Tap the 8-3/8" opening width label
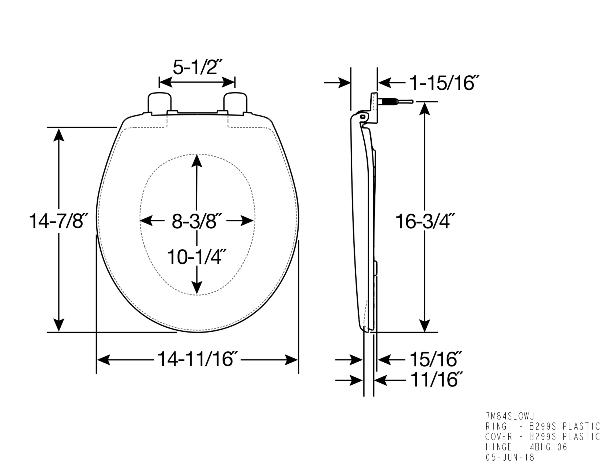(197, 221)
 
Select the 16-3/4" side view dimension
(425, 221)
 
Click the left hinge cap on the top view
(159, 103)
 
